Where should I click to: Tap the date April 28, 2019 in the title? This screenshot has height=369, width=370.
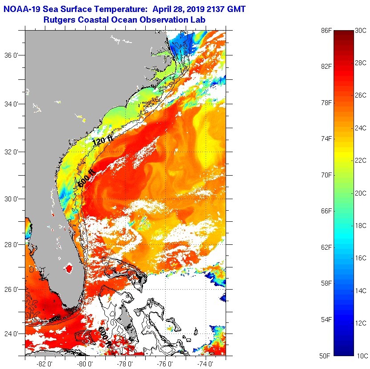point(182,9)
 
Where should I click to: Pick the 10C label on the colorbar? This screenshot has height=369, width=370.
point(361,356)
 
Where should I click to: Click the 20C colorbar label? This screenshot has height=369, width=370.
point(361,193)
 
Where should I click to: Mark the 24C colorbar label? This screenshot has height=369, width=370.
point(361,128)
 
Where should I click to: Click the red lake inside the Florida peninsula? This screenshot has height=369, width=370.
point(68,268)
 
